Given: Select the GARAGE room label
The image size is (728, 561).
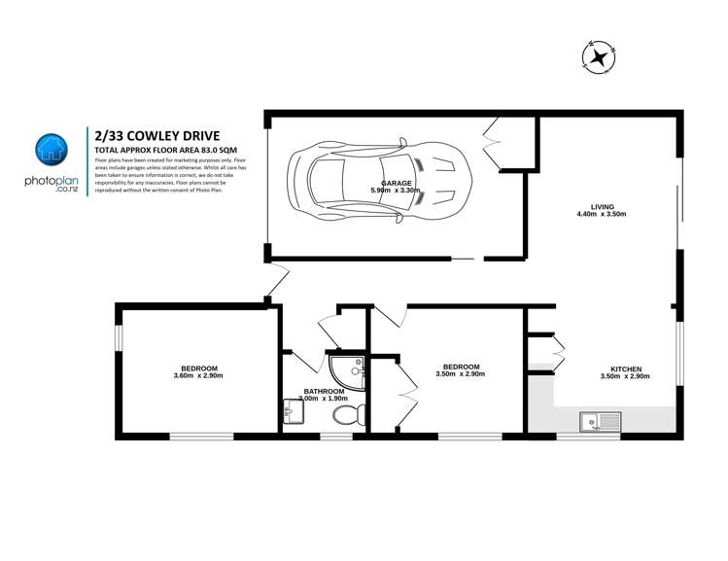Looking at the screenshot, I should [x=395, y=183].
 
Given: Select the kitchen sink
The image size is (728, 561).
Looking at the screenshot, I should [x=601, y=421].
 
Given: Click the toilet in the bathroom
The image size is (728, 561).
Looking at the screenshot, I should [x=346, y=416].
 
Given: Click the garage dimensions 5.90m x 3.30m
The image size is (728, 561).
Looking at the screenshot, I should [x=395, y=191].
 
